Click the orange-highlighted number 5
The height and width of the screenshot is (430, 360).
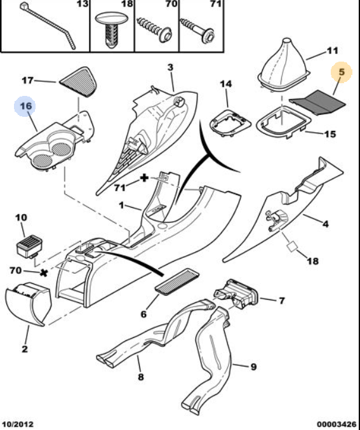tap(342, 72)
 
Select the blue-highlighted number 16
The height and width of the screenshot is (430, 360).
tap(26, 106)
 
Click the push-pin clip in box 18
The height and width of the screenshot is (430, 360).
tap(112, 29)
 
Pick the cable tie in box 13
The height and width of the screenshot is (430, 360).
tap(48, 25)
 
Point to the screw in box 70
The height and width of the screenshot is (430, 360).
tap(155, 30)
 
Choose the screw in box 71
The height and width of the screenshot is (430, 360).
tap(197, 30)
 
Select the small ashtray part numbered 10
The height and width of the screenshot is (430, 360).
tap(29, 248)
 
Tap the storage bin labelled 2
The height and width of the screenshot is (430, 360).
tap(29, 304)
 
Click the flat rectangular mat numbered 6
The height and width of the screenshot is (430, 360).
tap(177, 281)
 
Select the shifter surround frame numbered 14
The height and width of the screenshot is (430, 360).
tap(230, 123)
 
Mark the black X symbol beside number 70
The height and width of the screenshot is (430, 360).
tap(44, 273)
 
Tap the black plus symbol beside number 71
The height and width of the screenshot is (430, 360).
tap(144, 178)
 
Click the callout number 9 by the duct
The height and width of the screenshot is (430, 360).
tap(253, 366)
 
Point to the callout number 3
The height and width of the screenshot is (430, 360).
tap(170, 67)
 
